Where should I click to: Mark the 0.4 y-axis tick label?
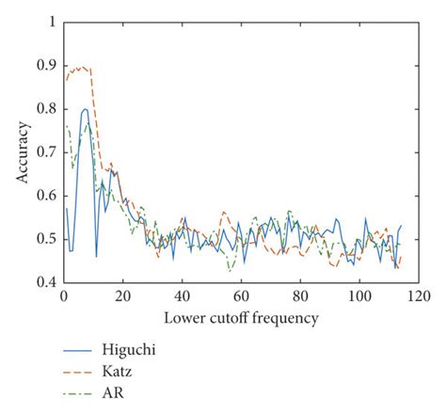pos(43,282)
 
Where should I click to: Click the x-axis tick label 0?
pos(63,296)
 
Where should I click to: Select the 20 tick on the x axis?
pos(122,296)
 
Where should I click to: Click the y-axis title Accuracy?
pos(21,151)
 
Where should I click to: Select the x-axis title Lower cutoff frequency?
pos(240,317)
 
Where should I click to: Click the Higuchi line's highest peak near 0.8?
pos(85,109)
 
